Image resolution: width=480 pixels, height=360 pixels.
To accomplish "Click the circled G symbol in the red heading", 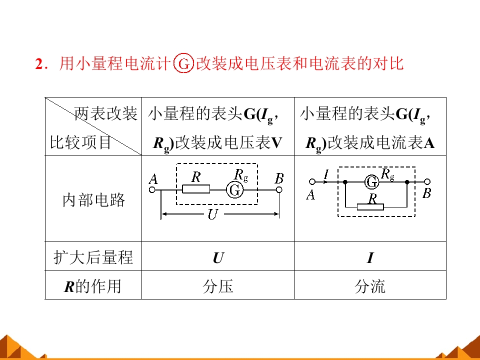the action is click(183, 63).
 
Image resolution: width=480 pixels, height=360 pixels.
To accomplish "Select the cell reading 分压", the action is click(217, 286).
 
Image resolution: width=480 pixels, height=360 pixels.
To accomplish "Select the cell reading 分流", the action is click(370, 286).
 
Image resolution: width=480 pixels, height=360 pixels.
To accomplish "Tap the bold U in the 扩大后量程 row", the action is click(218, 257).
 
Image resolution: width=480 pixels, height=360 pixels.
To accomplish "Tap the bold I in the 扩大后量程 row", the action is click(370, 257).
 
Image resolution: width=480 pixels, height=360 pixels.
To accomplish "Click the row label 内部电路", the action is click(93, 199).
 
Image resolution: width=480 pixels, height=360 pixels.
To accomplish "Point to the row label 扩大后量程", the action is click(93, 257).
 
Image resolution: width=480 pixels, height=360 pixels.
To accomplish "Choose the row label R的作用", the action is click(92, 286).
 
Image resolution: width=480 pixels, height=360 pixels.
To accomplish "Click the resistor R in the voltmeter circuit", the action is click(196, 189).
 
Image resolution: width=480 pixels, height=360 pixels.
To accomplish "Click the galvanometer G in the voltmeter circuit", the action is click(235, 190).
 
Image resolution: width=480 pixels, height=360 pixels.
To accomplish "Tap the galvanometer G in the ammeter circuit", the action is click(372, 182).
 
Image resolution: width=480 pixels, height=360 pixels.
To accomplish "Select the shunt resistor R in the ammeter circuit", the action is click(370, 207).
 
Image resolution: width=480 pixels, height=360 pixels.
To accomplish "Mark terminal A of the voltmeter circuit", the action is click(152, 190).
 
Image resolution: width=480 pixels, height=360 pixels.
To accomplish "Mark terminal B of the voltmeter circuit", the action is click(279, 190).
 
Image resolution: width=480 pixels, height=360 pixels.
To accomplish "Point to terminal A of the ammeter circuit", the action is click(312, 182).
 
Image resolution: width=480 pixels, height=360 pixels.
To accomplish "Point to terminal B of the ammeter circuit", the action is click(427, 182).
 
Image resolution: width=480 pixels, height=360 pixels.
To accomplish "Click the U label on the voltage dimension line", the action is click(212, 214).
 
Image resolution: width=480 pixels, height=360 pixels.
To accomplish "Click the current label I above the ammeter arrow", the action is click(326, 174).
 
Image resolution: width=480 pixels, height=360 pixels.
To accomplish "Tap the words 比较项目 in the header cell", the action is click(80, 142).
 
